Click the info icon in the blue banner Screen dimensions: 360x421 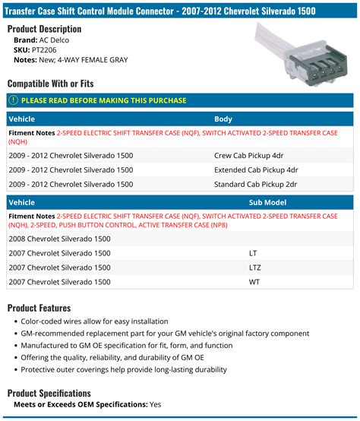[x=13, y=100]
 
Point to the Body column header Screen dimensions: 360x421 [x=223, y=119]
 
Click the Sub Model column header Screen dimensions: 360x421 [x=267, y=203]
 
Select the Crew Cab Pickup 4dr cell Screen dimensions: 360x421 [x=251, y=154]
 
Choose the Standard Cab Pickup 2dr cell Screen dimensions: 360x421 [x=256, y=183]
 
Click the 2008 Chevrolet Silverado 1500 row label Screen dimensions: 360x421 [x=59, y=239]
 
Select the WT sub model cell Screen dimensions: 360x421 [x=255, y=282]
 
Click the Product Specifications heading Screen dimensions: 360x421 [x=60, y=393]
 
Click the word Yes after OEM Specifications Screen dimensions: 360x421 [x=156, y=405]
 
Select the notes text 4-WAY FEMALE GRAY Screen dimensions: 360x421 [x=96, y=60]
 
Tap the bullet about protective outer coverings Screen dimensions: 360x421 [x=124, y=370]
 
